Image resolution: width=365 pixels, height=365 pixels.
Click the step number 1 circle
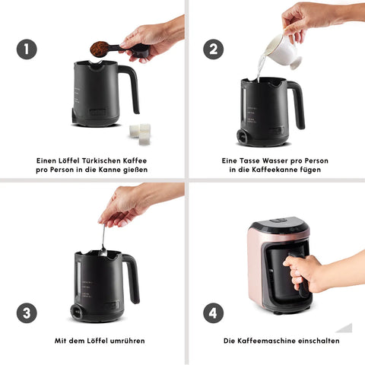coord(27,49)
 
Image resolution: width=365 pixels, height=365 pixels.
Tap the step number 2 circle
coord(213,49)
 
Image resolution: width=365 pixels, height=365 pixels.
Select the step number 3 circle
coord(27,313)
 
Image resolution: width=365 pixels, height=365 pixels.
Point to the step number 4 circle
coord(213,313)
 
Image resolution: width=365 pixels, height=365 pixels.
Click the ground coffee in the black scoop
coord(100,49)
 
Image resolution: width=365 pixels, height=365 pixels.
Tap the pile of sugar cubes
coord(140,134)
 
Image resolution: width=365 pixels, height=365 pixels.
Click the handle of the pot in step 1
coord(131,89)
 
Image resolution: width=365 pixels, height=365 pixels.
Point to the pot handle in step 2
coord(297,104)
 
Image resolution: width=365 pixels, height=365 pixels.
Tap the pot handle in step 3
coord(132,278)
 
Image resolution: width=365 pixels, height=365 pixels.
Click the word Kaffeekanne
coord(275,170)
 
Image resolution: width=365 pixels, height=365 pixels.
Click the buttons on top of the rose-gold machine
coord(279,221)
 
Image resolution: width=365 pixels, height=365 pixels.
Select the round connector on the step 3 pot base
coord(77,312)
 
